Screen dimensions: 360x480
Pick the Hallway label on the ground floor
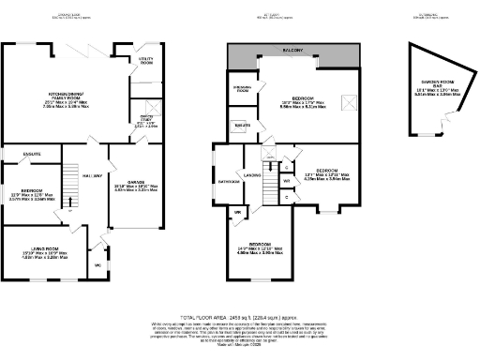(91, 176)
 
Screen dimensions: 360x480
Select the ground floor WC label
(97, 265)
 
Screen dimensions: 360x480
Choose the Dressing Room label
(242, 90)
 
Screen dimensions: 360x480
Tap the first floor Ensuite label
(242, 125)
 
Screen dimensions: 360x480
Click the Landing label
(253, 174)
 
